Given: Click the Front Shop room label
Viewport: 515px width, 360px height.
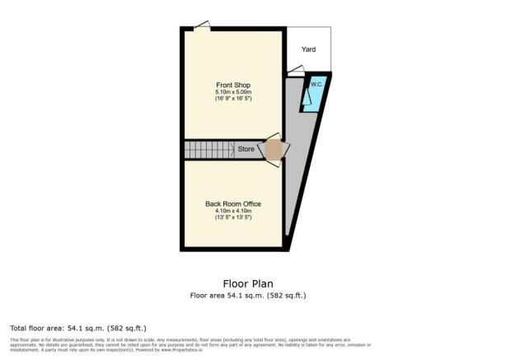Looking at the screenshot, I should pos(232,85).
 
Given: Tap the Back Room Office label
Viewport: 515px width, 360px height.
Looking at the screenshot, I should pos(232,203).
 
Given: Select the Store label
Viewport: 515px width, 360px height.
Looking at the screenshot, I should pos(246,150).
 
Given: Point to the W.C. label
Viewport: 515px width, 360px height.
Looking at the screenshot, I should pos(315,83).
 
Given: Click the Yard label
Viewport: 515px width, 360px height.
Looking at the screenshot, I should pos(308,49).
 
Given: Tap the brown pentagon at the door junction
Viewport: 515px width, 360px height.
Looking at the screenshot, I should pos(273,149).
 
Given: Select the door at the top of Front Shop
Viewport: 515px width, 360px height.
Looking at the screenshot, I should pos(200,28).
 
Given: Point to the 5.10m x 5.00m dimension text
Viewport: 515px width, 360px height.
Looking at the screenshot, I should pos(232,92).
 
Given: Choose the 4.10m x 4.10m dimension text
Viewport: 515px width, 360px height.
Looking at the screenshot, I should pos(232,211).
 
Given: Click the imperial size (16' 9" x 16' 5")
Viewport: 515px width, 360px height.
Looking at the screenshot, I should pos(232,99).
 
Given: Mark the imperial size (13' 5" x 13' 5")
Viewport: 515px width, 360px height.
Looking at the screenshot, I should pos(232,217).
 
